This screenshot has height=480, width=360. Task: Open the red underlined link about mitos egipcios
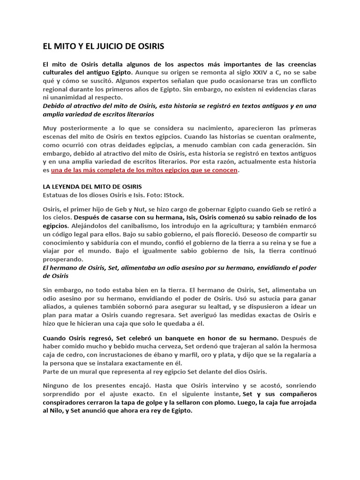pyautogui.click(x=144, y=170)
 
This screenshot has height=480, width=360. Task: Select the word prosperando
pyautogui.click(x=63, y=259)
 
